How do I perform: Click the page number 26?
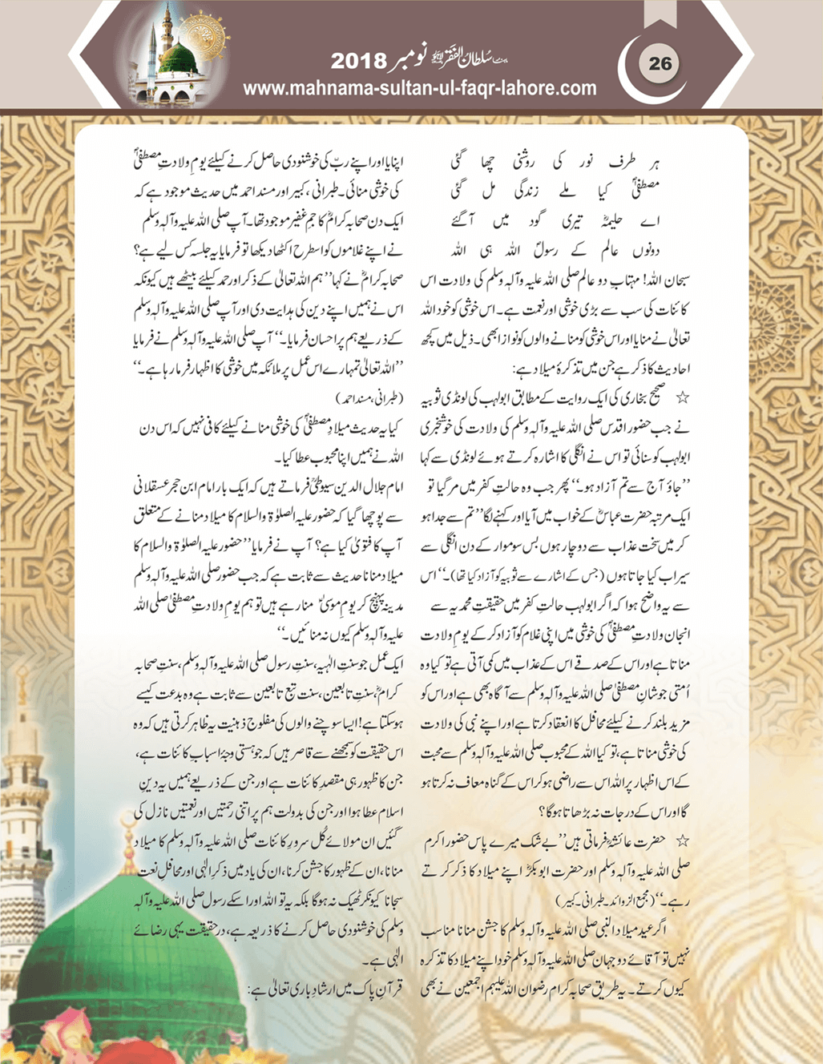point(660,63)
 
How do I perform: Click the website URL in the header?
point(419,88)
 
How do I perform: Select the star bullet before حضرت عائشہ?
point(683,840)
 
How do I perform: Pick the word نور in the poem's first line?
point(592,163)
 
